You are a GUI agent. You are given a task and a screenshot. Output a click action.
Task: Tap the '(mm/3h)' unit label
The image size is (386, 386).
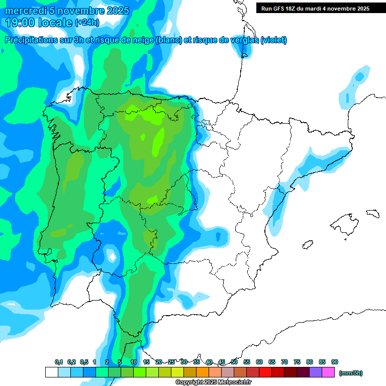(350, 373)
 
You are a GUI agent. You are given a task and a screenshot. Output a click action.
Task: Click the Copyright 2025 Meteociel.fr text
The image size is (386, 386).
(214, 382)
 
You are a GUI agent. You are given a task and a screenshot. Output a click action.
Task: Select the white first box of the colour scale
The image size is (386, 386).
(51, 372)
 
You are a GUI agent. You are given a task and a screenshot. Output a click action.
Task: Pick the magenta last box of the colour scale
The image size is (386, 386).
(328, 372)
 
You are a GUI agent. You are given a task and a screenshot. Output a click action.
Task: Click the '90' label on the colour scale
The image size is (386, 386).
(335, 362)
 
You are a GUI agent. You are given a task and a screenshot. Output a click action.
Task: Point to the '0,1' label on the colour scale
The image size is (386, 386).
(58, 362)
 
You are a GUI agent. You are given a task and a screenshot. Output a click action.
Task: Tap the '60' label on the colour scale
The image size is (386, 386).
(259, 362)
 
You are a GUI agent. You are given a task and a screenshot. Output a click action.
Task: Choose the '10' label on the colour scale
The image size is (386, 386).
(134, 362)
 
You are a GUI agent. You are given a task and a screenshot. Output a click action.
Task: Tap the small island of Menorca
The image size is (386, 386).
(372, 213)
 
